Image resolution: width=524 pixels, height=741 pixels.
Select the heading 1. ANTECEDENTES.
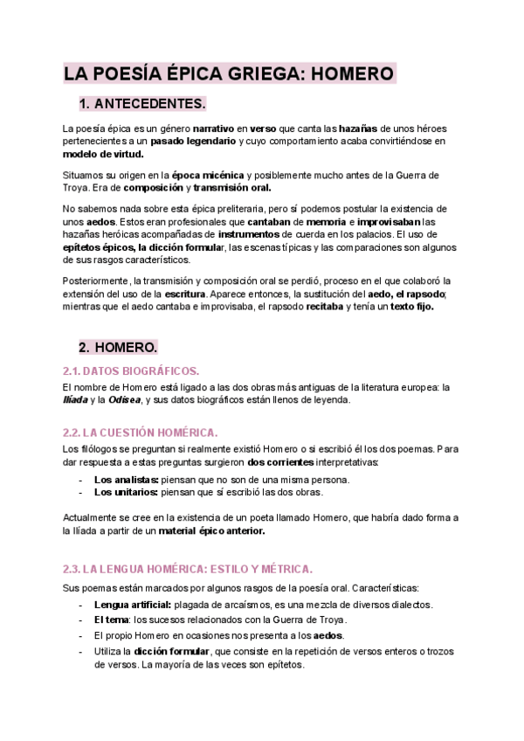pos(142,104)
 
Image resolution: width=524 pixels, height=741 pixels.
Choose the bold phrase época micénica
pos(208,175)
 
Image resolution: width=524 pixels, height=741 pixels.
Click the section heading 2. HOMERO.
pos(118,347)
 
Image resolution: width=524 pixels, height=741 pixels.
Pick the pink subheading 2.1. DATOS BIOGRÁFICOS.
pos(131,370)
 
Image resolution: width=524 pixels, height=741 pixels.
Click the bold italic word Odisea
pos(124,400)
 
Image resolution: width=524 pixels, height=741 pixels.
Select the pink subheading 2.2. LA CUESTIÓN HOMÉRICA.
pos(140,433)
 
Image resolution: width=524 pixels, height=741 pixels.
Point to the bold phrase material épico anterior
pos(212,530)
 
